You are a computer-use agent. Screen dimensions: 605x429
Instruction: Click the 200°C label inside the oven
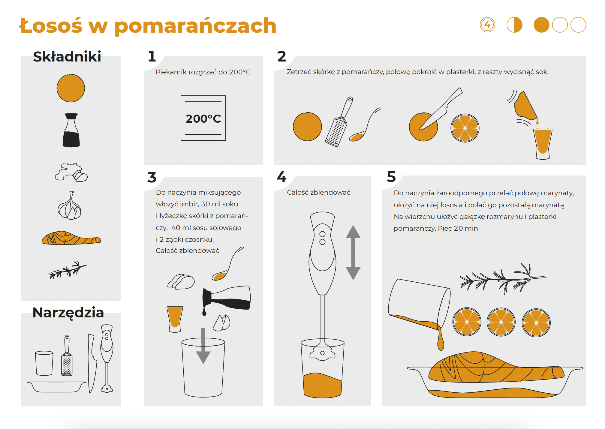tap(203, 119)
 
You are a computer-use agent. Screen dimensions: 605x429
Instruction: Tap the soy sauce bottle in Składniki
tap(71, 130)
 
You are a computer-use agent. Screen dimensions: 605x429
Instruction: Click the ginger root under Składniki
tap(71, 172)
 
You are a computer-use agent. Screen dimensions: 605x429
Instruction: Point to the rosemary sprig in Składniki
tap(68, 270)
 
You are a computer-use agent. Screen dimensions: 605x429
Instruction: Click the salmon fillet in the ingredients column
tap(71, 238)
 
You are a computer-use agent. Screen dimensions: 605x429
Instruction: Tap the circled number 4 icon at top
tap(487, 25)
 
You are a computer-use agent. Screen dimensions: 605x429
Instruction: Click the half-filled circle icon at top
tap(514, 25)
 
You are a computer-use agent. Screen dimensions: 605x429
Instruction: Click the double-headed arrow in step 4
tap(353, 253)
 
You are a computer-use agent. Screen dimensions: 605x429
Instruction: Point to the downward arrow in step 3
tap(203, 346)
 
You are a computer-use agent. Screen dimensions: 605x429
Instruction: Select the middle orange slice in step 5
tap(501, 322)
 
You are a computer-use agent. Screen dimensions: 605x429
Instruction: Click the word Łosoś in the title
tap(50, 25)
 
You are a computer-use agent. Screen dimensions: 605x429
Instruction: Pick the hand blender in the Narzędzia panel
tap(107, 358)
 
